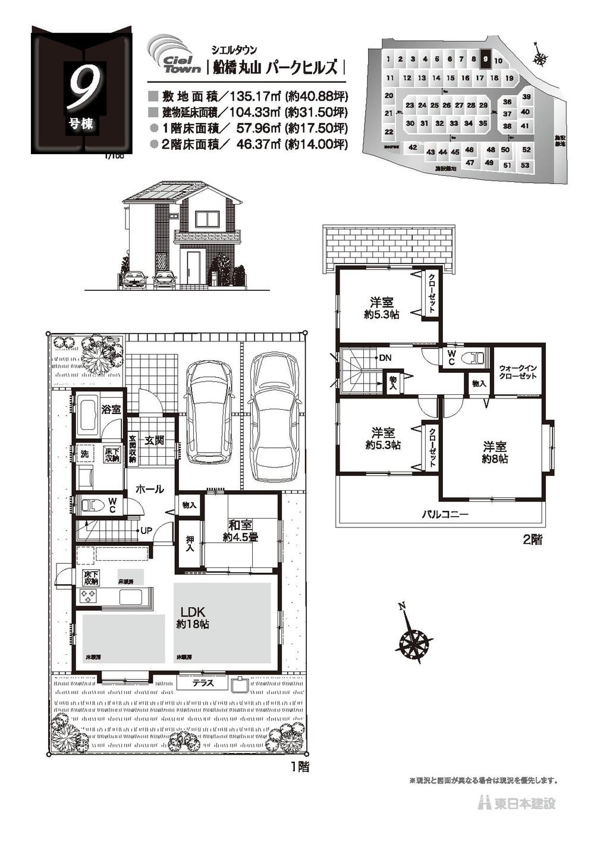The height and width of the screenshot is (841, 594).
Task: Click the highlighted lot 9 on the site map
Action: click(x=486, y=59)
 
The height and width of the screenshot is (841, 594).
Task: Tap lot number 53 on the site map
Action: click(x=524, y=165)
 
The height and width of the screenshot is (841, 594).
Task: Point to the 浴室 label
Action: click(x=111, y=409)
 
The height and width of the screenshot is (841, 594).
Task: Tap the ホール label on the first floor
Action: click(x=150, y=489)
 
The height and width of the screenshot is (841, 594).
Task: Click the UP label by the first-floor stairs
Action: click(x=146, y=530)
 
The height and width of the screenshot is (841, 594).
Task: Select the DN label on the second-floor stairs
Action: click(x=385, y=358)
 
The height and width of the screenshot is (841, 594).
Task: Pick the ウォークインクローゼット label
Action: click(x=518, y=372)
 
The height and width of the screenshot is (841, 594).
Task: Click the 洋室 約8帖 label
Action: click(x=495, y=452)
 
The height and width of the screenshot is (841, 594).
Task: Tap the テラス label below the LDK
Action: click(x=203, y=683)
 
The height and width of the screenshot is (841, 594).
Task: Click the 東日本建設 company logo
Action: click(x=517, y=804)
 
